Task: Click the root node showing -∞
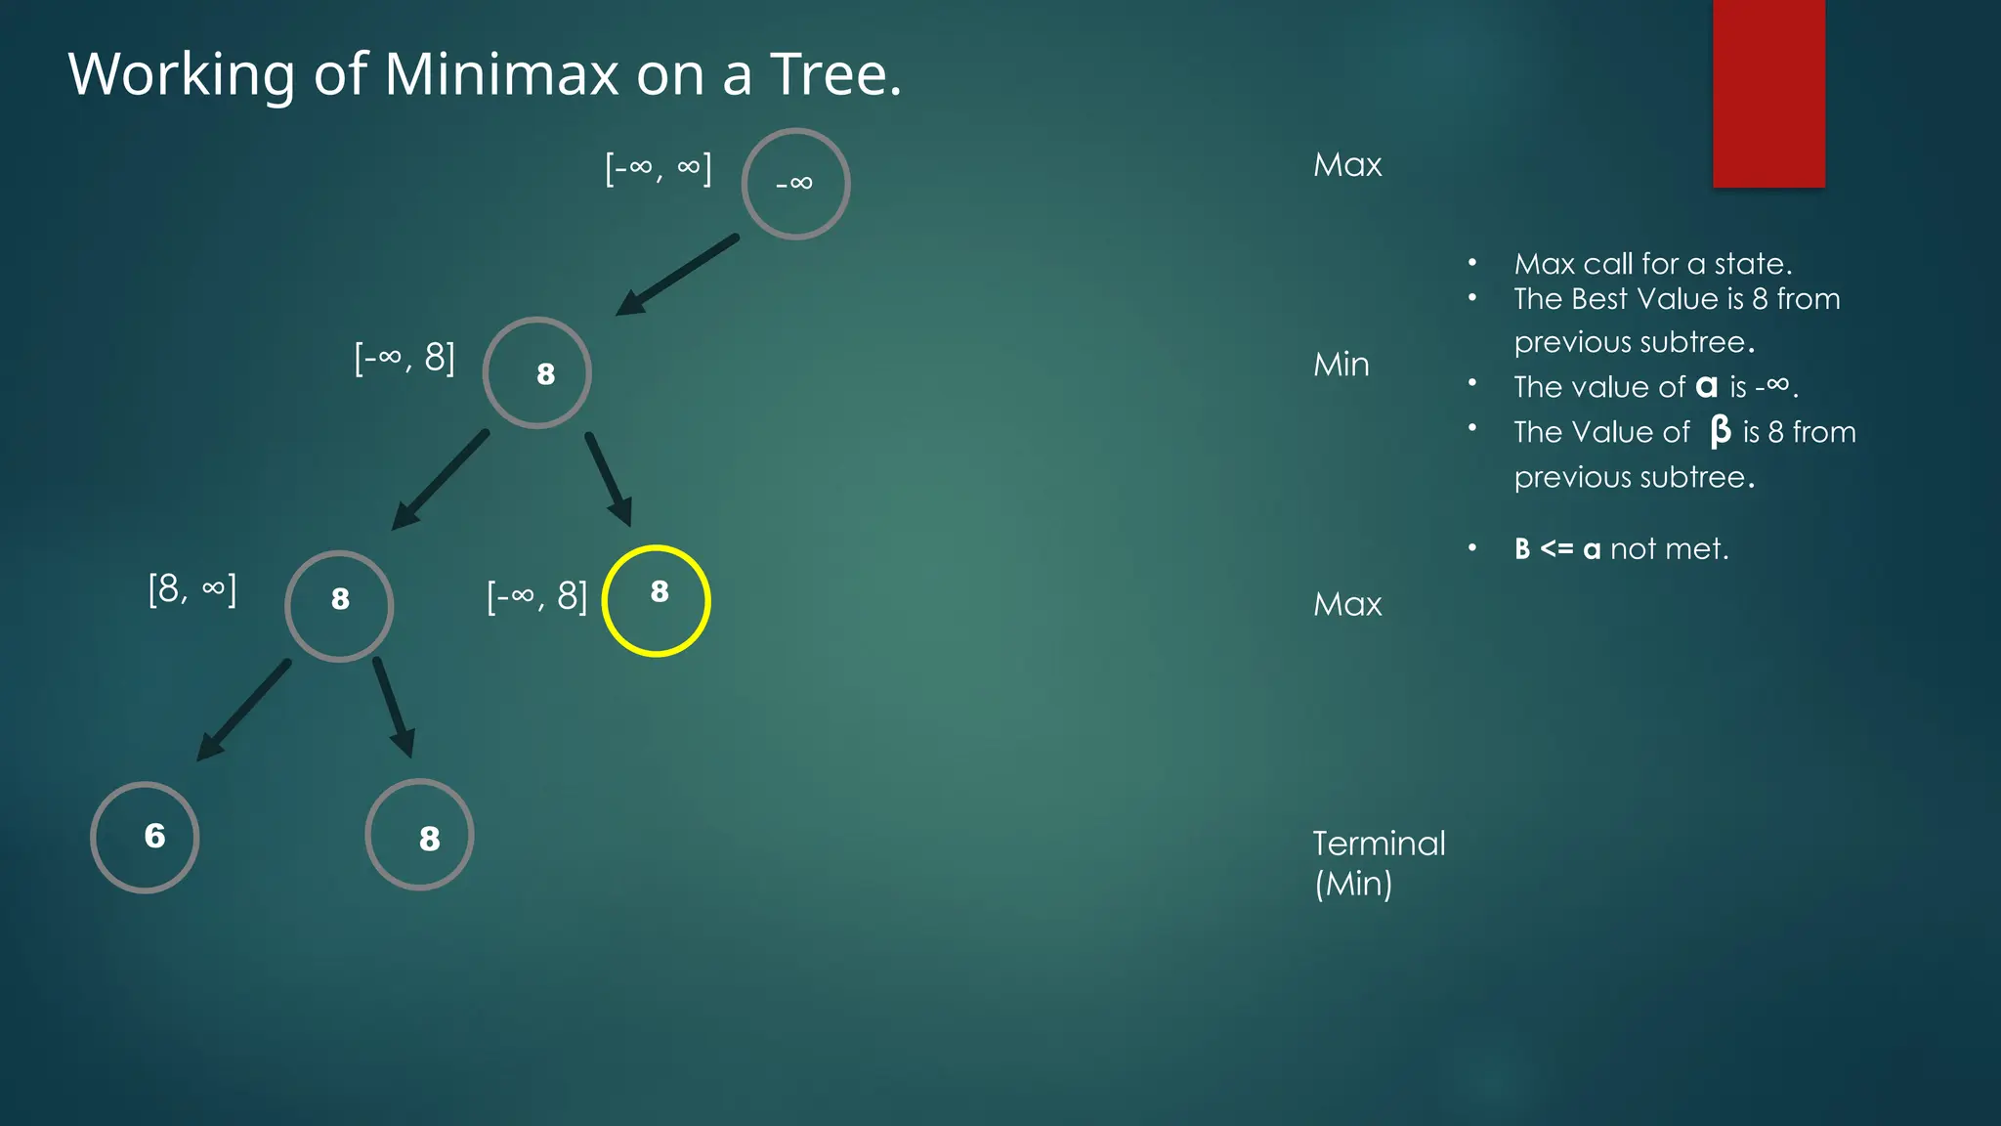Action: pyautogui.click(x=795, y=184)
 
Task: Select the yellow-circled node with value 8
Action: pyautogui.click(x=656, y=600)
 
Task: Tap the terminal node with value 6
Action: pyautogui.click(x=145, y=837)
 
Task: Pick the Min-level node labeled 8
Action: pyautogui.click(x=536, y=372)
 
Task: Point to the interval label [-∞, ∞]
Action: pyautogui.click(x=658, y=168)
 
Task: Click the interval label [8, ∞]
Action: pyautogui.click(x=192, y=589)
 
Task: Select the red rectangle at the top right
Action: pyautogui.click(x=1768, y=93)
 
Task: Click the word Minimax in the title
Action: pyautogui.click(x=501, y=74)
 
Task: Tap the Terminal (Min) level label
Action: pyautogui.click(x=1378, y=863)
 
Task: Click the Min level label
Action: pyautogui.click(x=1341, y=365)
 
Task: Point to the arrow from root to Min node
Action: pyautogui.click(x=677, y=275)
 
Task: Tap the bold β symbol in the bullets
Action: pyautogui.click(x=1720, y=431)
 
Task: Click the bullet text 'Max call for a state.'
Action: pyautogui.click(x=1652, y=264)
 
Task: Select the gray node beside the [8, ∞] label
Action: pyautogui.click(x=339, y=606)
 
